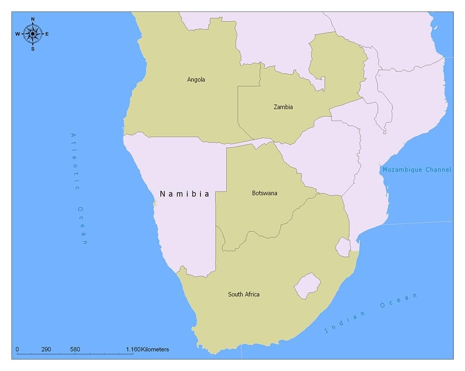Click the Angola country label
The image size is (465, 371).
(x=196, y=80)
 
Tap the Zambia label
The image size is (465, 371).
(x=283, y=107)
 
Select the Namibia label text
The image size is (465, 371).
(x=185, y=194)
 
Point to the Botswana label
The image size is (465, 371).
(x=265, y=193)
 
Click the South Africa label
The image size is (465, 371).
(x=244, y=294)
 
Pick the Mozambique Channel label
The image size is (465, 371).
(x=416, y=170)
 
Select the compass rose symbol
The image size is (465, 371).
(x=33, y=34)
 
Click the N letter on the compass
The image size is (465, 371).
(x=33, y=19)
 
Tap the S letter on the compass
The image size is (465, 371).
(x=33, y=48)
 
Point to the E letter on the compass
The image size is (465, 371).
(x=47, y=34)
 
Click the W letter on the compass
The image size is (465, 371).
(x=17, y=34)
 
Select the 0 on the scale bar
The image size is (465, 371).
(x=17, y=349)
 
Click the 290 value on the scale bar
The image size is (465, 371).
(x=46, y=349)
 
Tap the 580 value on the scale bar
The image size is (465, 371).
(x=75, y=349)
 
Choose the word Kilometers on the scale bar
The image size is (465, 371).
(x=155, y=349)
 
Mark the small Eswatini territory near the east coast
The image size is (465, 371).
(x=343, y=247)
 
